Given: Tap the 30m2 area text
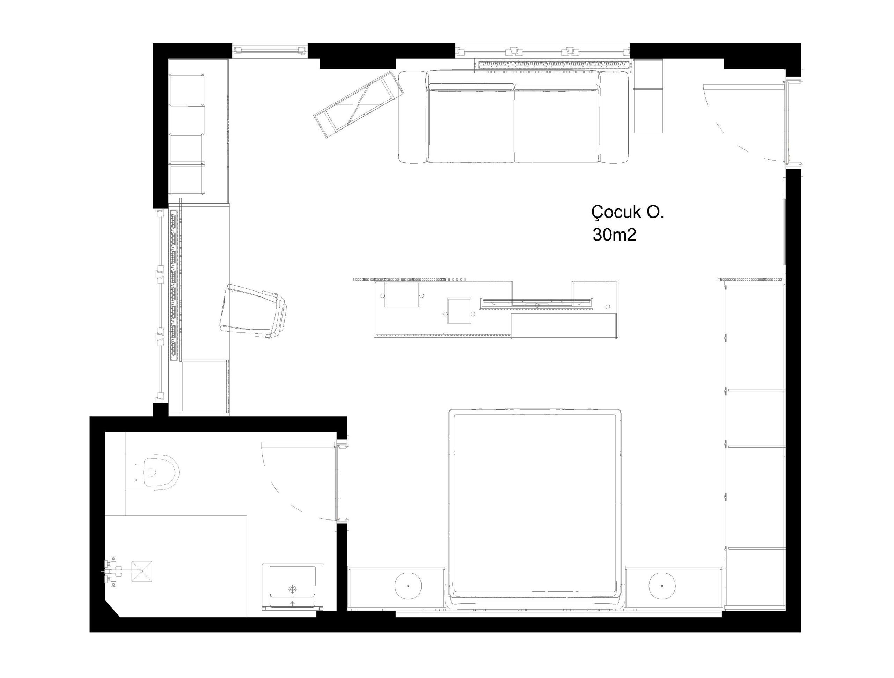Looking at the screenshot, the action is pos(614,235).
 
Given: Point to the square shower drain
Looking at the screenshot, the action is pos(142,571).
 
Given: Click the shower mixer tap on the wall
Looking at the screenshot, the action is pos(112,570).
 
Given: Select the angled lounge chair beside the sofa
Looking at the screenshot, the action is pos(359,104).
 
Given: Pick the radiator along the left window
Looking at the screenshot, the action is pos(174,285).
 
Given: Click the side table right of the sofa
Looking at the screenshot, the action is pos(648,96).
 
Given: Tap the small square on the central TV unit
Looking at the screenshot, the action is pos(459,310).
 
